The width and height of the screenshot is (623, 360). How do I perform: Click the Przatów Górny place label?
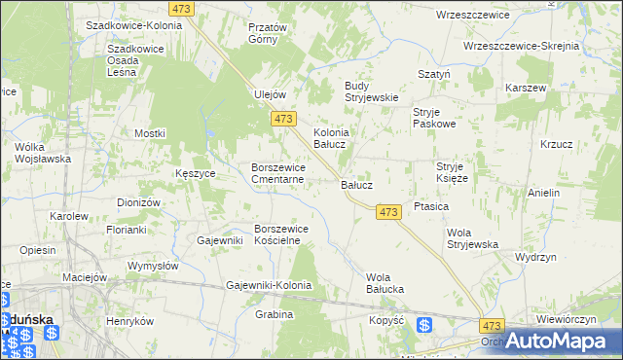click(x=268, y=34)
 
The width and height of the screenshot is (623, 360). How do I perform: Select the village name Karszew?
click(x=526, y=88)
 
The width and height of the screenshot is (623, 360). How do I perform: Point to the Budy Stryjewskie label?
click(x=371, y=90)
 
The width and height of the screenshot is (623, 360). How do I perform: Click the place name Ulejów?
click(x=269, y=94)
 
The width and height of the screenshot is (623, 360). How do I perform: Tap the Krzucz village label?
click(x=556, y=144)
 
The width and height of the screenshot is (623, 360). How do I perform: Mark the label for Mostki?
click(x=150, y=133)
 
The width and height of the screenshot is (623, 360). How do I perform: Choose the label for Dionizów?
click(x=137, y=201)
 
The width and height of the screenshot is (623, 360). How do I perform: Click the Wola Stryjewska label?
click(x=472, y=238)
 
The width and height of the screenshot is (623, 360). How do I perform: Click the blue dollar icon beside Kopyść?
click(x=423, y=327)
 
